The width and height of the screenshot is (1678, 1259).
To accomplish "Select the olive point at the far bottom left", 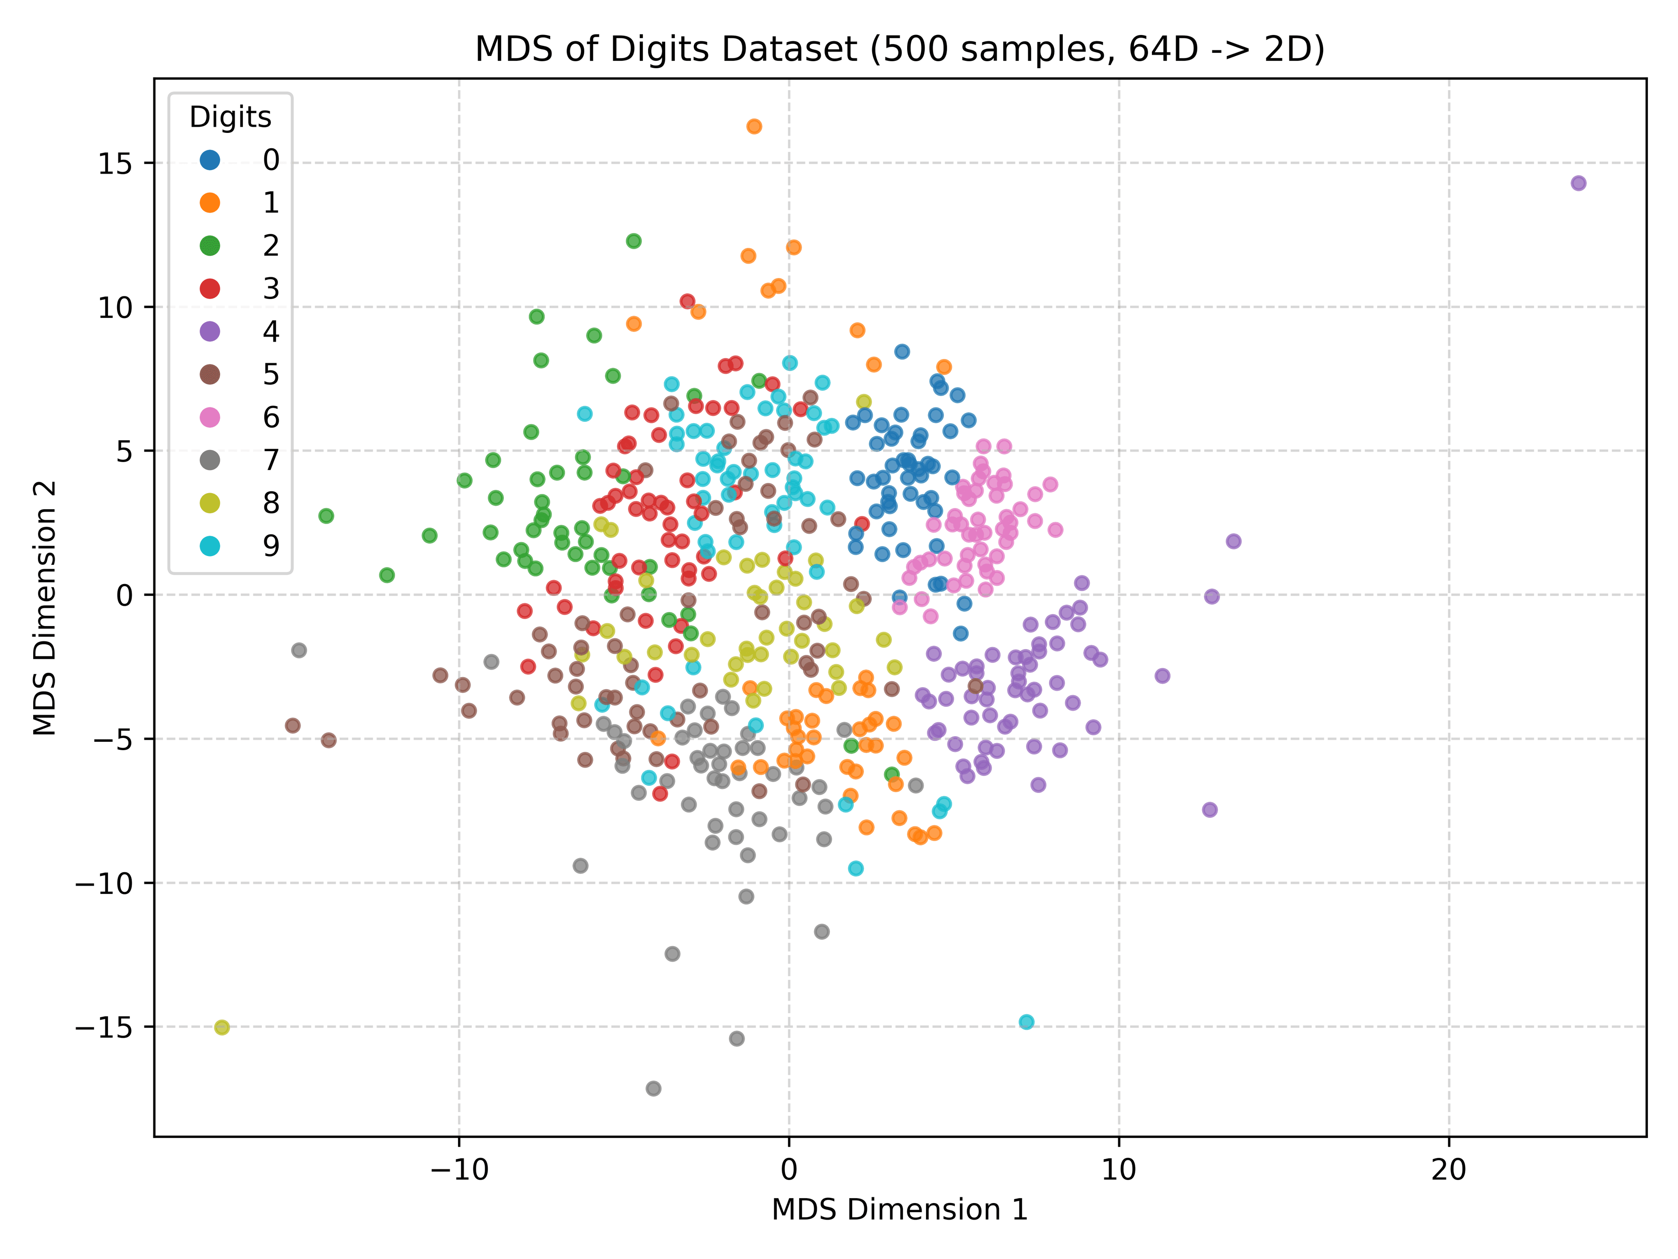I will [x=222, y=1028].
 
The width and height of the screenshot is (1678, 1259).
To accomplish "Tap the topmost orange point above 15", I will [x=754, y=126].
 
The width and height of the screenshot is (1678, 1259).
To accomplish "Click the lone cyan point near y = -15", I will [x=1026, y=1022].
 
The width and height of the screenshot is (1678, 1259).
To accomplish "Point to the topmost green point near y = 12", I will [x=634, y=240].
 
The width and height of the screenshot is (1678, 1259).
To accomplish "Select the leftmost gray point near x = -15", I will [x=299, y=650].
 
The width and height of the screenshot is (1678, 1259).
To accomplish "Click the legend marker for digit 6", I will [x=209, y=417].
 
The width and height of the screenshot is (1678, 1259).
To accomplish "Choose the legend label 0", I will [x=271, y=160].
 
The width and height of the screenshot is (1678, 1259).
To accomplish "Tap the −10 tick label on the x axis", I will [x=458, y=1169].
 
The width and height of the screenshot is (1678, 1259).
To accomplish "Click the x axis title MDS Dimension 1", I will [x=900, y=1210].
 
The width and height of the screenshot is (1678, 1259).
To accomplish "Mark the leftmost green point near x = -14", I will [x=326, y=515].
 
